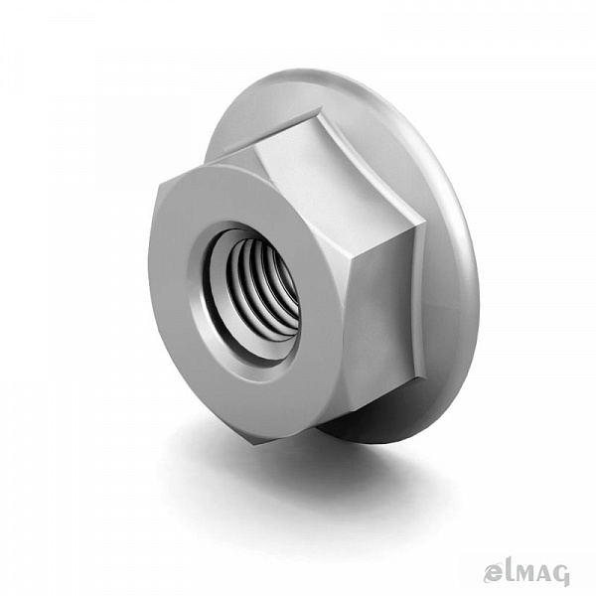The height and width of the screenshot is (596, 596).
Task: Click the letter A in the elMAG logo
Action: coord(541,573)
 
